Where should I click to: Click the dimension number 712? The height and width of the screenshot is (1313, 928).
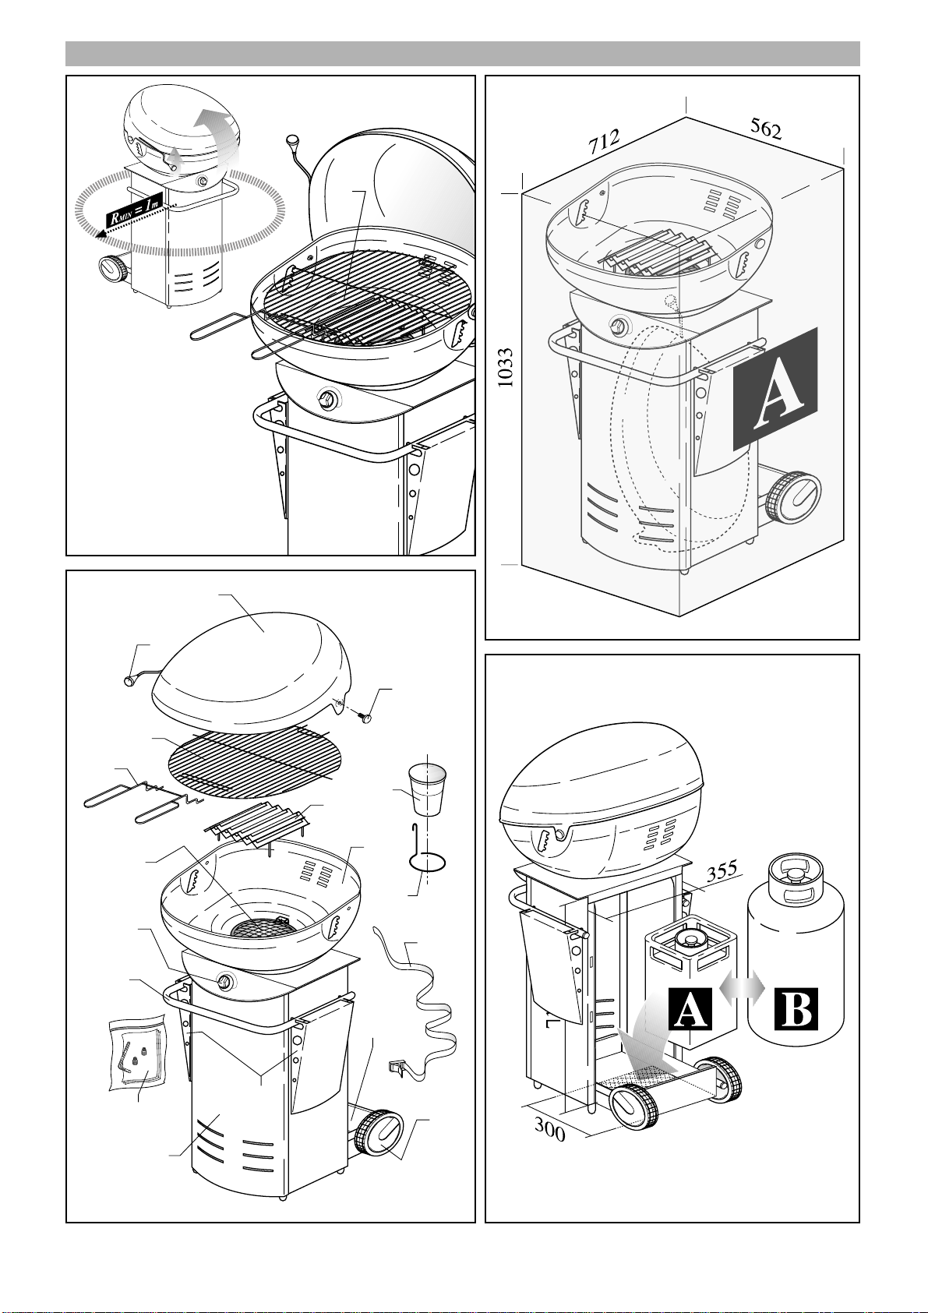605,141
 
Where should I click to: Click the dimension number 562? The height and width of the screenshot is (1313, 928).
766,129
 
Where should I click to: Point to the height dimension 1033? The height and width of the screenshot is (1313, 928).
506,368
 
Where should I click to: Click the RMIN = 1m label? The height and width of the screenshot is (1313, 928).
133,209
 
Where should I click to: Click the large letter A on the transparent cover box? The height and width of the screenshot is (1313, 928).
775,389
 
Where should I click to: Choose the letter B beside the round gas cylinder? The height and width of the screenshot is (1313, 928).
796,1009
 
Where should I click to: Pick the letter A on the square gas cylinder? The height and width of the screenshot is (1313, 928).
690,1009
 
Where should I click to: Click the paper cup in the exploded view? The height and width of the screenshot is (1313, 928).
427,789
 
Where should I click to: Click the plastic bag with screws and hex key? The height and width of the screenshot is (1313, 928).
138,1055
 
